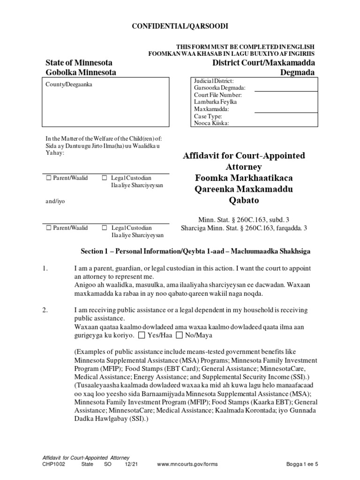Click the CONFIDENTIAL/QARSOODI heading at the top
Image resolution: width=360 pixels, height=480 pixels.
pyautogui.click(x=180, y=27)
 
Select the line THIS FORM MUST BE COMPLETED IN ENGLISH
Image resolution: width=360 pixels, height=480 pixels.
pyautogui.click(x=245, y=47)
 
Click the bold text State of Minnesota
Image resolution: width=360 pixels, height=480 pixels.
pyautogui.click(x=78, y=62)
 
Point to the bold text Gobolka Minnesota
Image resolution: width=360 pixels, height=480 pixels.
pyautogui.click(x=81, y=72)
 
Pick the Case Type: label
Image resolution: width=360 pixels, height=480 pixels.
pyautogui.click(x=208, y=116)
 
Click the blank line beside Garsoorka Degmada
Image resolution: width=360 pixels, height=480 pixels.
pyautogui.click(x=285, y=88)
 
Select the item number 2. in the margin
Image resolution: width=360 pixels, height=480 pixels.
pyautogui.click(x=45, y=310)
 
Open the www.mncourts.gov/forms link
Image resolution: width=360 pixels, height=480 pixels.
pyautogui.click(x=187, y=464)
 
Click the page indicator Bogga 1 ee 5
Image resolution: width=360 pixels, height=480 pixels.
pyautogui.click(x=303, y=464)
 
